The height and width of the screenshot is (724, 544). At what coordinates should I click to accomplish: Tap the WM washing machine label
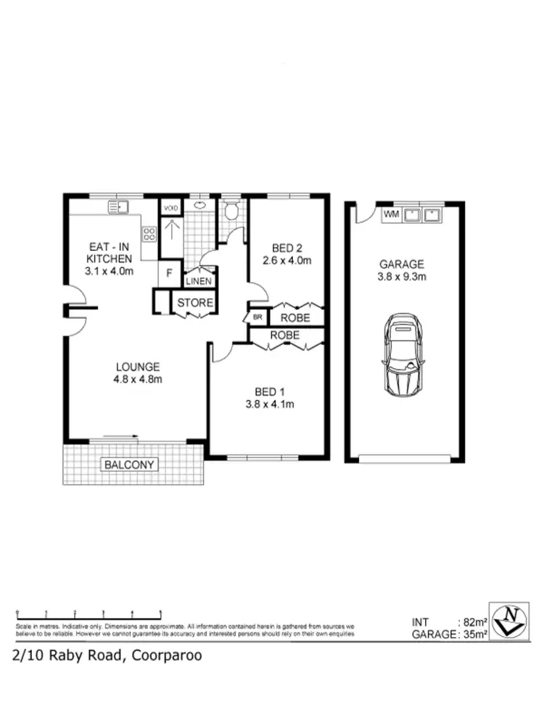pyautogui.click(x=391, y=215)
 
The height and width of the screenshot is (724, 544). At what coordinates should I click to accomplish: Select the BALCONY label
pyautogui.click(x=131, y=465)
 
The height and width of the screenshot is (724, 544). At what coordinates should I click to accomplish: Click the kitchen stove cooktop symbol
pyautogui.click(x=149, y=234)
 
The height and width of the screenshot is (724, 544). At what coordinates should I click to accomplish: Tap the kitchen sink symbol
pyautogui.click(x=118, y=207)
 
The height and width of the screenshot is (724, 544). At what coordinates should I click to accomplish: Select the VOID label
pyautogui.click(x=170, y=208)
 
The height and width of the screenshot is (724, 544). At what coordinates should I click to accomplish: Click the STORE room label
pyautogui.click(x=195, y=303)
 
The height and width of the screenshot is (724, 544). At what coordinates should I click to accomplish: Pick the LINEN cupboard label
pyautogui.click(x=199, y=281)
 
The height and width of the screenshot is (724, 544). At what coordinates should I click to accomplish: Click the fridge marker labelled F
pyautogui.click(x=169, y=274)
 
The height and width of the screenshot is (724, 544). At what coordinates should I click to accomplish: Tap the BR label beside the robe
pyautogui.click(x=257, y=317)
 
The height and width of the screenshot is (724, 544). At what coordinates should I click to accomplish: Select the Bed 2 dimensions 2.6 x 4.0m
pyautogui.click(x=287, y=260)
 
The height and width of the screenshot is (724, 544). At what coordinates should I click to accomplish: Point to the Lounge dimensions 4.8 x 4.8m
pyautogui.click(x=136, y=379)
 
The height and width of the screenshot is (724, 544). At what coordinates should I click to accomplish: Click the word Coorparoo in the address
pyautogui.click(x=166, y=656)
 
